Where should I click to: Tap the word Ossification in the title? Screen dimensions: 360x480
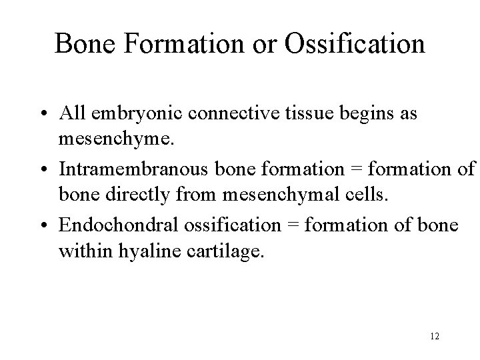(355, 44)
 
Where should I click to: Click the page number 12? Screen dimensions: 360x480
(434, 336)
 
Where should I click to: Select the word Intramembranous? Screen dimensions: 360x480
(119, 169)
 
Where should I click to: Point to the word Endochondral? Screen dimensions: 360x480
(111, 225)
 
